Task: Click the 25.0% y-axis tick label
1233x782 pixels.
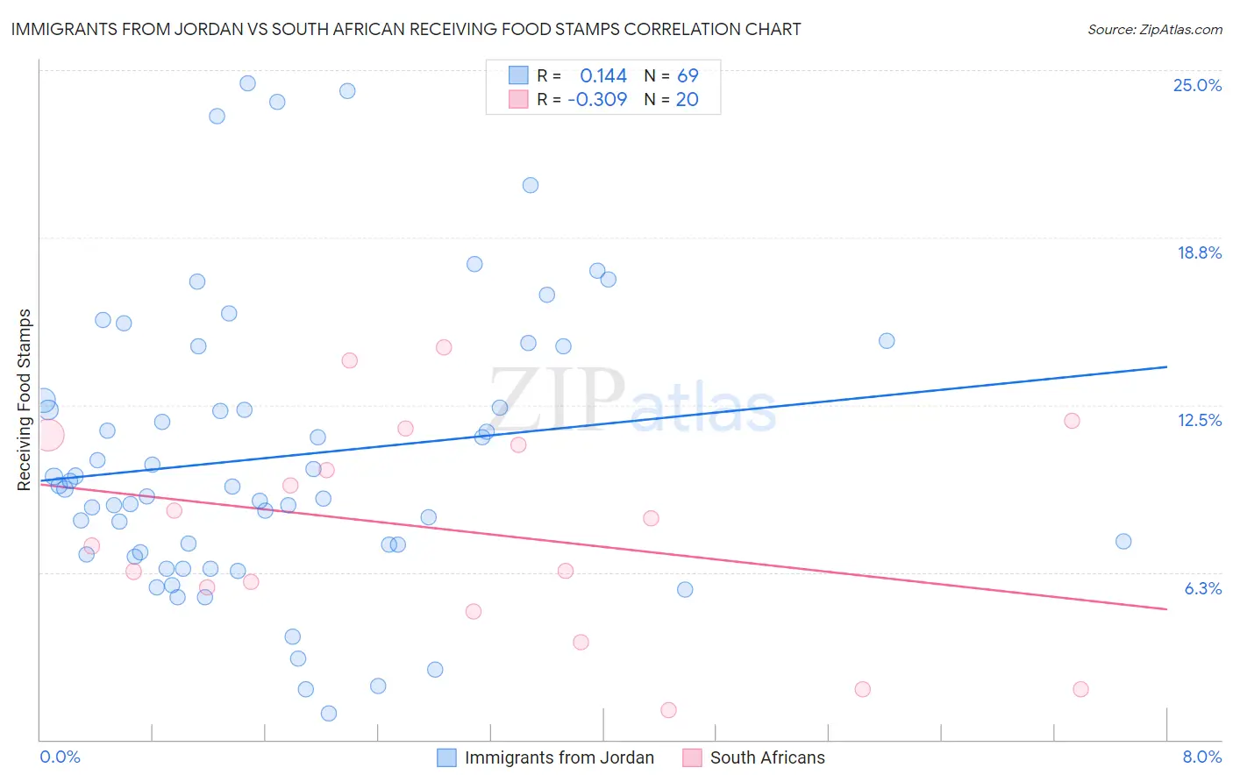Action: (1197, 85)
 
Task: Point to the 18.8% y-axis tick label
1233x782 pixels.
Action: (1199, 252)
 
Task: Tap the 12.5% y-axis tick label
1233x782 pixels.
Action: (1199, 420)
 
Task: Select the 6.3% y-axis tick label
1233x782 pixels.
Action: (1202, 588)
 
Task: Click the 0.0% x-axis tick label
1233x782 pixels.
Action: (60, 757)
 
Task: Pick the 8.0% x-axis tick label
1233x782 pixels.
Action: (1201, 757)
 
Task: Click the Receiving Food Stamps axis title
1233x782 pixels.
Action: (25, 400)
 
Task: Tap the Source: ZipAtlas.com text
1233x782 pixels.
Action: (1154, 30)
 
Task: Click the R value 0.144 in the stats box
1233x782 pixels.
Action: (603, 76)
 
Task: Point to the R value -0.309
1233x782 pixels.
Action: (597, 100)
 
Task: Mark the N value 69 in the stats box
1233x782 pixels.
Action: (688, 76)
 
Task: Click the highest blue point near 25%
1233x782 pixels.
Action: (248, 83)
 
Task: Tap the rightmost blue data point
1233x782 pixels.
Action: (1123, 542)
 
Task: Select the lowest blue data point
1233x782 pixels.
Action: (329, 714)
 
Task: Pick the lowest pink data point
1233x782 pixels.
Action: (668, 710)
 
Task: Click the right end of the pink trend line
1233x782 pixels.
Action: (1166, 608)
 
